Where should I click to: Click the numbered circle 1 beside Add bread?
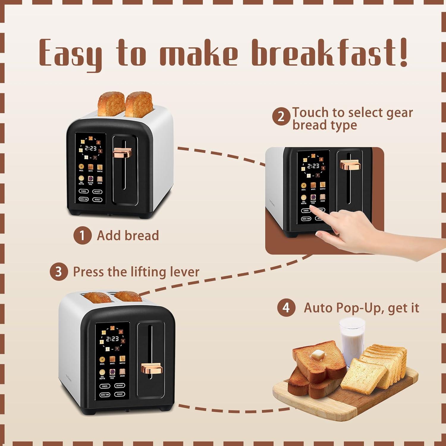(82, 235)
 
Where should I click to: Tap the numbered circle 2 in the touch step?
(281, 117)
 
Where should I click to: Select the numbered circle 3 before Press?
(59, 272)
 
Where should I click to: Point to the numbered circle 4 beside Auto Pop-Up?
(286, 307)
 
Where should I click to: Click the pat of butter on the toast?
(318, 354)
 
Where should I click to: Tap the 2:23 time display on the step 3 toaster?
(112, 339)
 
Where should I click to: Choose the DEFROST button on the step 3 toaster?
(120, 386)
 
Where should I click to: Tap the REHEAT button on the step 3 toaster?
(120, 394)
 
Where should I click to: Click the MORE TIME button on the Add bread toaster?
(84, 199)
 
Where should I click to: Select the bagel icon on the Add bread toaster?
(81, 167)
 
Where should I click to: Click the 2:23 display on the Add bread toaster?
(90, 148)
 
